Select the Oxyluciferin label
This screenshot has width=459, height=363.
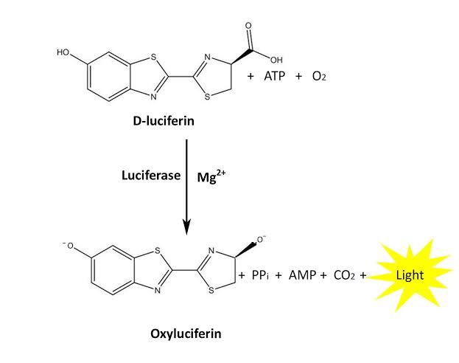click(x=185, y=333)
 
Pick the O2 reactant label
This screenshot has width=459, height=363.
click(x=319, y=77)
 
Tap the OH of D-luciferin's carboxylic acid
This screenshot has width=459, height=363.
click(x=276, y=60)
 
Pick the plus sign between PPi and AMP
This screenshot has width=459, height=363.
click(x=278, y=275)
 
